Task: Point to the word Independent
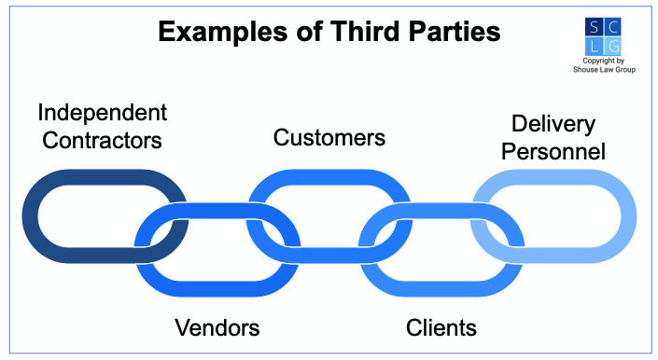[103, 114]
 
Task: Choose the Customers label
[329, 138]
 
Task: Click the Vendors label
[217, 327]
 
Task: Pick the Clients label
[441, 327]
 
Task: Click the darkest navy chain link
[37, 216]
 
